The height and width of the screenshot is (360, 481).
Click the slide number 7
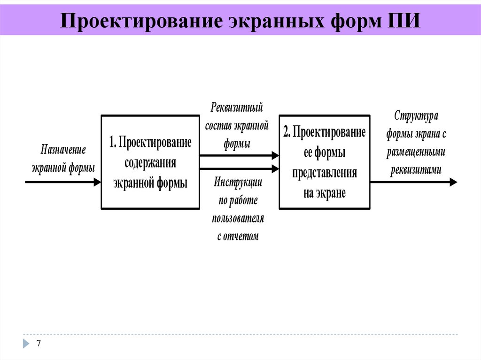tap(39, 344)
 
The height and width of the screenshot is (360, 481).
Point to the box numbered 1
tap(150, 162)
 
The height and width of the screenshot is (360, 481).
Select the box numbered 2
tap(324, 162)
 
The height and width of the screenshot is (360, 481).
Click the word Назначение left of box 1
tap(63, 150)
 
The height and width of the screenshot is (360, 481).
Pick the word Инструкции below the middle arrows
tap(238, 182)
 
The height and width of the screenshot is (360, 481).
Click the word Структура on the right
tap(416, 115)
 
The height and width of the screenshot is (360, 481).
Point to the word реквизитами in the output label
tap(416, 169)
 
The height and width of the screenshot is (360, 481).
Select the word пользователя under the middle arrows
tap(238, 218)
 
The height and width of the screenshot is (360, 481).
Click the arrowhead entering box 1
tap(97, 182)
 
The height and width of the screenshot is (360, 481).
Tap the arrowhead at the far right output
tap(453, 182)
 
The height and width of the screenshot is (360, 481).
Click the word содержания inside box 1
tap(150, 162)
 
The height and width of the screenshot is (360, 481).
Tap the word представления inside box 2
tap(324, 172)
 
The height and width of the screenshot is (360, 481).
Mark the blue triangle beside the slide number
tap(26, 344)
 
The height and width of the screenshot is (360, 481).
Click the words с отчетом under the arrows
tap(238, 237)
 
